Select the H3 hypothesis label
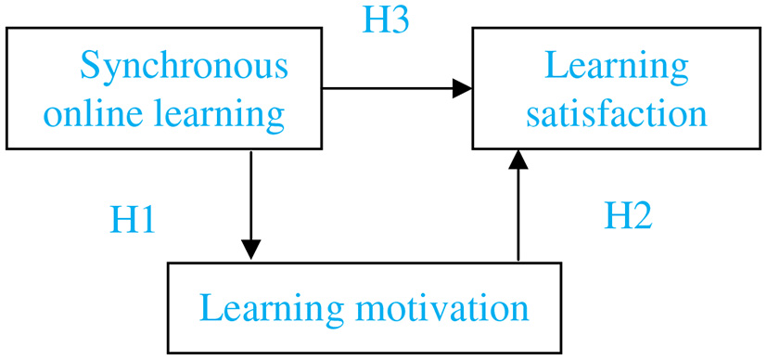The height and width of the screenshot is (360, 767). tap(385, 20)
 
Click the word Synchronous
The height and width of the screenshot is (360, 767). tap(184, 67)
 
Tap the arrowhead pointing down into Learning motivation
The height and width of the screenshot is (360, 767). tap(250, 249)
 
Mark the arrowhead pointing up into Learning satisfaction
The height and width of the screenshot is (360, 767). tap(518, 161)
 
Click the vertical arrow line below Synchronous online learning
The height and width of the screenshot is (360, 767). tap(250, 195)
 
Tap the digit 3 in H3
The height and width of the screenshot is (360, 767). tap(398, 20)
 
